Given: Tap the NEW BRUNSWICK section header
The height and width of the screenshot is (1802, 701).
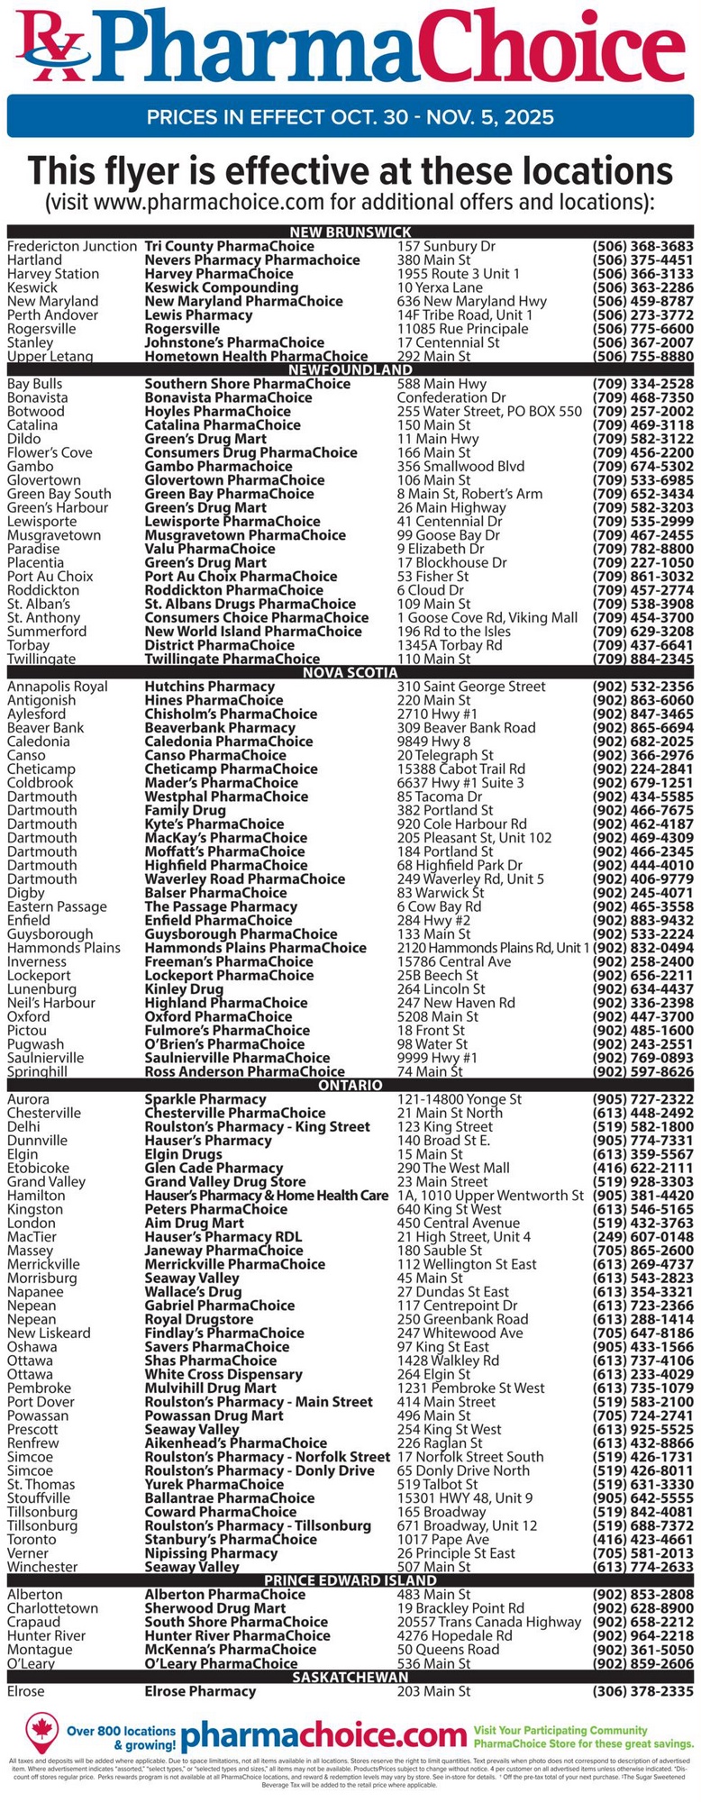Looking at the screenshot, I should pyautogui.click(x=350, y=232).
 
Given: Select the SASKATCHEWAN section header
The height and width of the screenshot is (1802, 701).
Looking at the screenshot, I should pyautogui.click(x=350, y=1677).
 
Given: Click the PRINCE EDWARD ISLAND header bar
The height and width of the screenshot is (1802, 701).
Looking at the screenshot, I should pyautogui.click(x=350, y=1580).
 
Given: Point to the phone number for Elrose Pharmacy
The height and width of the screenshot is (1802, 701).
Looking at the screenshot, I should pyautogui.click(x=642, y=1691).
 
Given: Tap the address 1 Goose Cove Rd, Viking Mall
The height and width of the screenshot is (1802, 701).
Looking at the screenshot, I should pyautogui.click(x=487, y=618).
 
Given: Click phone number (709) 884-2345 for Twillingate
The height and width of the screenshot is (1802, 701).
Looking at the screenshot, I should pyautogui.click(x=642, y=660).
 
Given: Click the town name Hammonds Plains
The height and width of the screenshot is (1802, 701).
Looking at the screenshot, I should pyautogui.click(x=64, y=948).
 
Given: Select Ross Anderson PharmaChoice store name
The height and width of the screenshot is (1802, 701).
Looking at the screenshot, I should pyautogui.click(x=244, y=1072).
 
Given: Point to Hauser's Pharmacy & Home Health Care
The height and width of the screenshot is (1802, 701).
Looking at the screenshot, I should pyautogui.click(x=267, y=1196).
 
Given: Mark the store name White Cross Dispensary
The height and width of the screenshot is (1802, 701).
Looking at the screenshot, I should pyautogui.click(x=223, y=1374).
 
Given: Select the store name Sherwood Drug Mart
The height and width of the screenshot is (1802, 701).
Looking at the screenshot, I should pyautogui.click(x=215, y=1608).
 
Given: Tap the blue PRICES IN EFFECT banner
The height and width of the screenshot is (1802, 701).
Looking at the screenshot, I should pyautogui.click(x=350, y=117).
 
